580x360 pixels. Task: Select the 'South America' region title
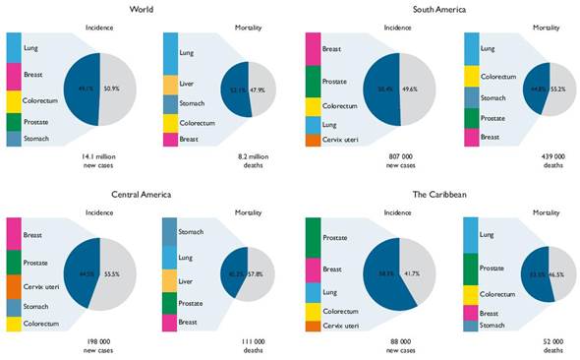[437, 10]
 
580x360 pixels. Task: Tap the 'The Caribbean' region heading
[437, 195]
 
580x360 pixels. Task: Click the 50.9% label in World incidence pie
[111, 88]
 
